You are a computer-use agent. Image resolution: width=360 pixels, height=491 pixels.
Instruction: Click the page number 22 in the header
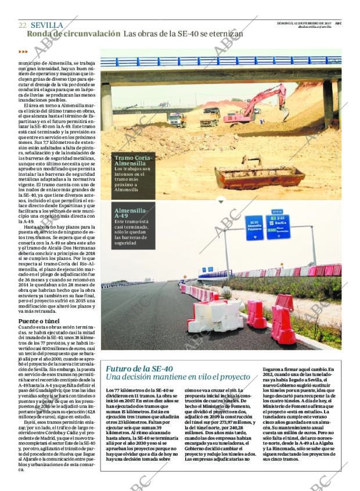click(x=22, y=25)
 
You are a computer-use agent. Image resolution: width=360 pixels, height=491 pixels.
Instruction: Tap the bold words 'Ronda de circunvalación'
click(x=73, y=34)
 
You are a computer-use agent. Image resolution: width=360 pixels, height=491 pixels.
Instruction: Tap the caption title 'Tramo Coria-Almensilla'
click(x=134, y=161)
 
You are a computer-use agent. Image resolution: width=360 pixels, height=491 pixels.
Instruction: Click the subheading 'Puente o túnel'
click(x=38, y=321)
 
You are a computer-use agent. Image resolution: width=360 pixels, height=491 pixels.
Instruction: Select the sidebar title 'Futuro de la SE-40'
click(x=139, y=369)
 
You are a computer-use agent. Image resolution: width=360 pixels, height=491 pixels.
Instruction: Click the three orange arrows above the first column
click(x=23, y=52)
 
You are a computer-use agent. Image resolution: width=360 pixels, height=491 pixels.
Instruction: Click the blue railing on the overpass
click(x=221, y=61)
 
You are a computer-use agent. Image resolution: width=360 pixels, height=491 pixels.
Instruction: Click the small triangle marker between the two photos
click(x=221, y=201)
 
